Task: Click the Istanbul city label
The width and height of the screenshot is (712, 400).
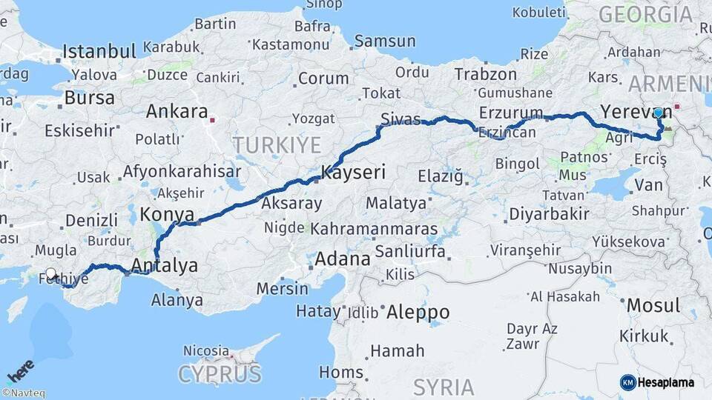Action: (99, 52)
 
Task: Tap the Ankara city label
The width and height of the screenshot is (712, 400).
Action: (177, 112)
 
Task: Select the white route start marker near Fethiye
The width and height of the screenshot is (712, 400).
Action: (51, 274)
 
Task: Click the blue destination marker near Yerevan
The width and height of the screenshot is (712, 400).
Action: (658, 113)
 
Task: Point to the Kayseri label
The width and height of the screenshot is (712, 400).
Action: (353, 173)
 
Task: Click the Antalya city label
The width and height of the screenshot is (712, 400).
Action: (165, 265)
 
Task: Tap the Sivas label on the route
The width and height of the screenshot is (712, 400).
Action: (400, 119)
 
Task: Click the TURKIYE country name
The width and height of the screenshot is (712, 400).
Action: (277, 145)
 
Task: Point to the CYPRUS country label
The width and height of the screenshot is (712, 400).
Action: (220, 373)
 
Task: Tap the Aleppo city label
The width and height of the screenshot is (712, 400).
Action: (418, 311)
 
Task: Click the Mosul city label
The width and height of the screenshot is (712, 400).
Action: (653, 305)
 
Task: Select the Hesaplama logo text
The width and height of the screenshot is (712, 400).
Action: (666, 382)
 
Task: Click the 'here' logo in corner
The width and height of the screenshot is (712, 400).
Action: (20, 371)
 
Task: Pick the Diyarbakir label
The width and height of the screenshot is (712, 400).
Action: (550, 214)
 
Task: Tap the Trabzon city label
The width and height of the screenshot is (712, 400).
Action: (485, 74)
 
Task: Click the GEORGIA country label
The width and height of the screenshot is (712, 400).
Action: (645, 13)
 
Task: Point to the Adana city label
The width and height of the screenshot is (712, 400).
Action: (342, 259)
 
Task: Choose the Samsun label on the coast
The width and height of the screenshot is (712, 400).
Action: (384, 41)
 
